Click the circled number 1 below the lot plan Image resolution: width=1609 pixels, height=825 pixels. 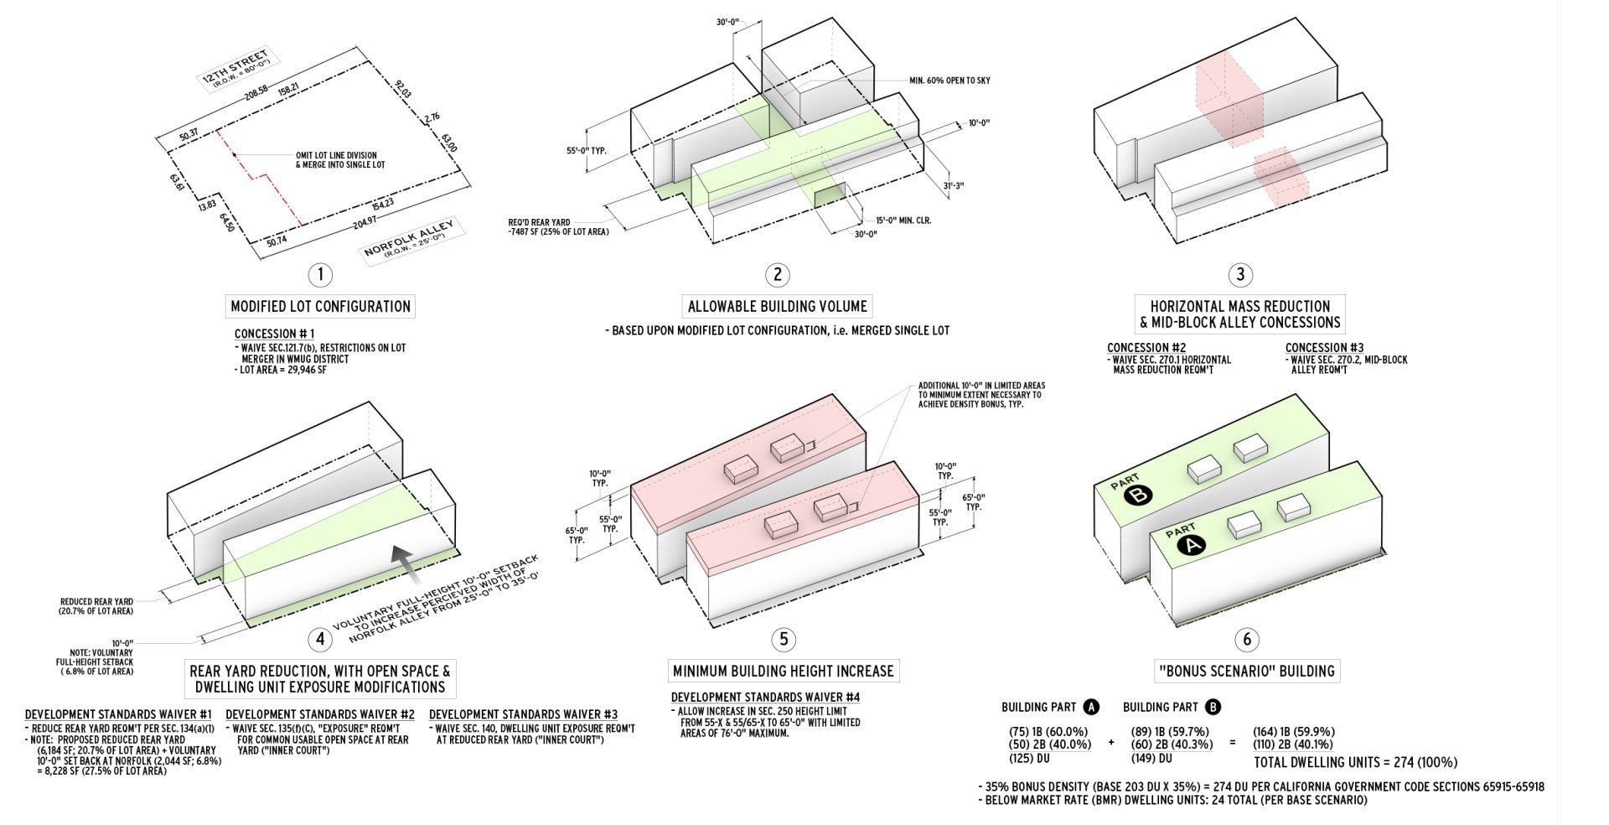tap(320, 274)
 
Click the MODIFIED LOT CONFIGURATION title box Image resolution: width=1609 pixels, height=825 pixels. tap(321, 306)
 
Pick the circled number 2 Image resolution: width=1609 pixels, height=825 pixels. tap(778, 274)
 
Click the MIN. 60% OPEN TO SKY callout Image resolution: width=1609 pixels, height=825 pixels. tap(949, 80)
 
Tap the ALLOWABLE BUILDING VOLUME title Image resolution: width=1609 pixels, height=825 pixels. tap(778, 306)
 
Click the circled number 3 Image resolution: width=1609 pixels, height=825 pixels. tap(1240, 274)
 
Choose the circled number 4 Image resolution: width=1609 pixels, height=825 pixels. tap(320, 640)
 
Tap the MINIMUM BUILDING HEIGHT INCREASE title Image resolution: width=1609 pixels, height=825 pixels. tap(784, 671)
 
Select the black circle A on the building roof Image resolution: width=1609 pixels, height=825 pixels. tap(1191, 547)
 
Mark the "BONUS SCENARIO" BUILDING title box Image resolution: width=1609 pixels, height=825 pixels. tap(1246, 671)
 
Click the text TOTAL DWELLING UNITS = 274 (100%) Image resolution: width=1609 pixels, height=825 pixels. tap(1355, 763)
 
